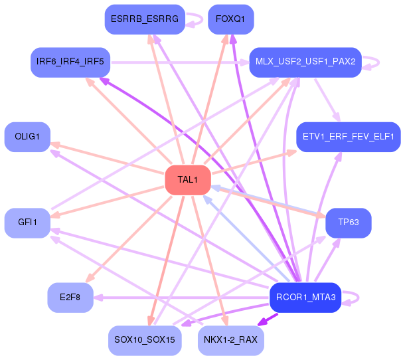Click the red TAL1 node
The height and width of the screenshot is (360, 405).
pos(188,180)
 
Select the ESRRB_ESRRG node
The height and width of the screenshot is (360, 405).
pos(144,19)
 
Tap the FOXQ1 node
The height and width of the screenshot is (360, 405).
pos(230,19)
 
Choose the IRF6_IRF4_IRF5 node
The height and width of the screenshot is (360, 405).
pos(70,62)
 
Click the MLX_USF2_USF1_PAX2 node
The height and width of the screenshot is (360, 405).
pos(305,62)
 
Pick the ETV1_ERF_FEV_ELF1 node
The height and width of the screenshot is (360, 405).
pos(348,137)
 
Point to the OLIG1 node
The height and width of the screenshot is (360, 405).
pos(27,137)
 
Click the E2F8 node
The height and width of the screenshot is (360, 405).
pos(70,298)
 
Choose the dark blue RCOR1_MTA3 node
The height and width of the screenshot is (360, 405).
pos(305,298)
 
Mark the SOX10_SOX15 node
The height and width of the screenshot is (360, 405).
pos(144,340)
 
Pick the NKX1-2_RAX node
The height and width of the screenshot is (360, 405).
pos(230,340)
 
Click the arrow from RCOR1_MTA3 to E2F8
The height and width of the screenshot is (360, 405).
pos(179,298)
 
